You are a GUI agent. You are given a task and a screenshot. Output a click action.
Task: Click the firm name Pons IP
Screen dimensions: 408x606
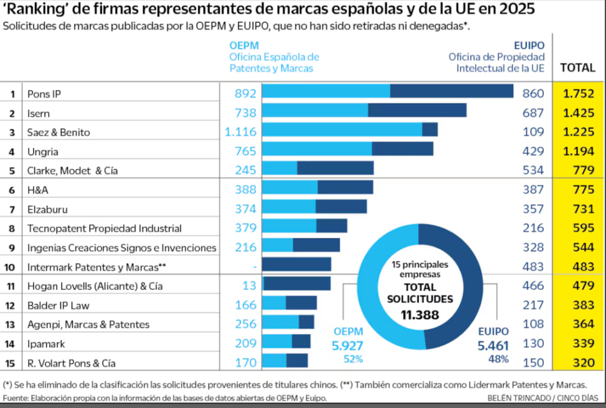pyautogui.click(x=44, y=93)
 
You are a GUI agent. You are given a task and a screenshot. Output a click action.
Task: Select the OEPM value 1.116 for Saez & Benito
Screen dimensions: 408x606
pyautogui.click(x=240, y=132)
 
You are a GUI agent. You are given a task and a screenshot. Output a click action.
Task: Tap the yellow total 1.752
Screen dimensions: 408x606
pyautogui.click(x=578, y=93)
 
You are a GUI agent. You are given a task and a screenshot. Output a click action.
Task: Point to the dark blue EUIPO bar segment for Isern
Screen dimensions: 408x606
pyautogui.click(x=417, y=111)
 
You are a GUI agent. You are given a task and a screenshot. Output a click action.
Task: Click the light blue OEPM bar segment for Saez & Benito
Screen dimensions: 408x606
pyautogui.click(x=342, y=130)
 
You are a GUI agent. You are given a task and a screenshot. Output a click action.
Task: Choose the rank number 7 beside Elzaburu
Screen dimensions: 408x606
pyautogui.click(x=12, y=209)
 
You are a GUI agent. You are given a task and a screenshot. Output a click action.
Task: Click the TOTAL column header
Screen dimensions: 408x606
pyautogui.click(x=578, y=67)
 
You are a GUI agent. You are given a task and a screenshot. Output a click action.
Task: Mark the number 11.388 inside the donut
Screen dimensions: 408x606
pyautogui.click(x=420, y=315)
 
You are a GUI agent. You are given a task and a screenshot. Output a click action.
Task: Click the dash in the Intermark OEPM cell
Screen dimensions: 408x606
pyautogui.click(x=255, y=267)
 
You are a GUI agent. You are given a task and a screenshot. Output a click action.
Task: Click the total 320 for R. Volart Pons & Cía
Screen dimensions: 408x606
pyautogui.click(x=582, y=363)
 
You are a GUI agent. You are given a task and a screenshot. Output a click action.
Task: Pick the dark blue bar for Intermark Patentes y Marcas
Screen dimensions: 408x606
pyautogui.click(x=296, y=264)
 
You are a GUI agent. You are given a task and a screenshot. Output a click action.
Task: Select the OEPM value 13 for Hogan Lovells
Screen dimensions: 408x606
pyautogui.click(x=249, y=286)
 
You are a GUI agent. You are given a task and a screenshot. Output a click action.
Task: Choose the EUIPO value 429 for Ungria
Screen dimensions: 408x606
pyautogui.click(x=534, y=151)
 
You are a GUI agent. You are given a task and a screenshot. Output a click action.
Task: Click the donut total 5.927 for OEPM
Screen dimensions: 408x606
pyautogui.click(x=347, y=346)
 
